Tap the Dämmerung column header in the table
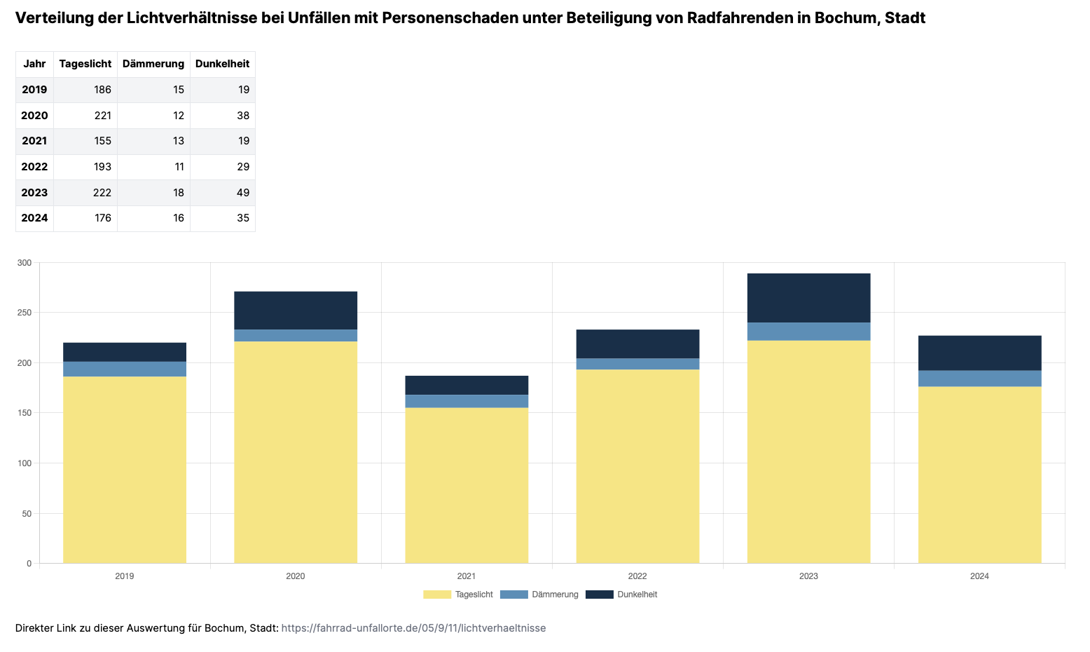coord(153,64)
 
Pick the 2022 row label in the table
coord(34,167)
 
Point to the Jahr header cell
coord(34,64)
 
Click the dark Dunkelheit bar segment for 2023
coord(808,298)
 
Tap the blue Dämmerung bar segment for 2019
coord(125,369)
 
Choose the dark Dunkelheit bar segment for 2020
coord(296,311)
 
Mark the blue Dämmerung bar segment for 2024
coord(979,379)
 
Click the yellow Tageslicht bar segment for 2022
coord(637,466)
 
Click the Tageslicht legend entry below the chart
coord(459,595)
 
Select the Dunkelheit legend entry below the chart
coord(621,595)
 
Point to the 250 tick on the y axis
coord(25,313)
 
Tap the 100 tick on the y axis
coord(25,463)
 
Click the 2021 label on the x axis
coord(467,576)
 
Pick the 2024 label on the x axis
coord(979,576)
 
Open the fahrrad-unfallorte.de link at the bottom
coord(413,628)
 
